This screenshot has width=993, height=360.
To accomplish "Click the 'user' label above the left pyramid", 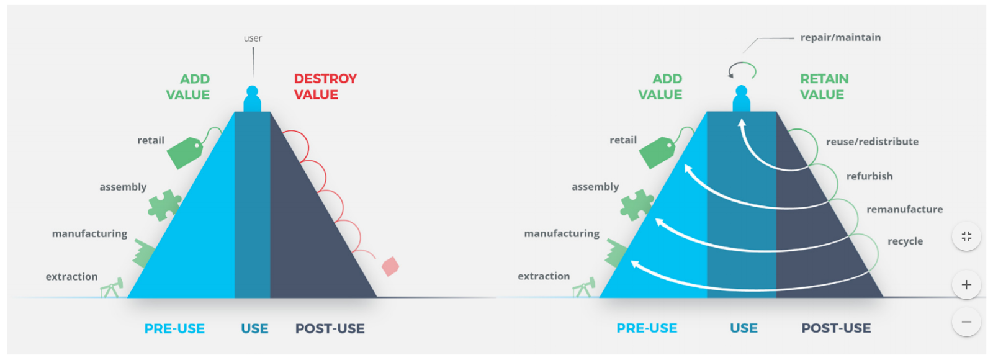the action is [253, 38].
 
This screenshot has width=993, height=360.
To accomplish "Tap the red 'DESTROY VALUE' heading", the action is [325, 86].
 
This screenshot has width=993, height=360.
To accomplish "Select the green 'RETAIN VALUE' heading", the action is [824, 86].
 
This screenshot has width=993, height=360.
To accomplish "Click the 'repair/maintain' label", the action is [840, 38].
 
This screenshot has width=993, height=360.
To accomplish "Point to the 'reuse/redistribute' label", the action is [872, 142].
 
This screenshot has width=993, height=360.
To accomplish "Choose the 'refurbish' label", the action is [869, 176].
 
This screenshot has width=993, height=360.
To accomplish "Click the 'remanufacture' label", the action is [904, 209].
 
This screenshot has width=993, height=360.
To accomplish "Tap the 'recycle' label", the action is [905, 241].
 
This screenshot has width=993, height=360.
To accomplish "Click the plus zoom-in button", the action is [966, 285].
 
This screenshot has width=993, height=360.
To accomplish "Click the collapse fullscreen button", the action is [966, 236].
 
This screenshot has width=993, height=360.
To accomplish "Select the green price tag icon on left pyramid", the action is [186, 153].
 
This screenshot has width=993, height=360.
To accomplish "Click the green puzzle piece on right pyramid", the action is [637, 205].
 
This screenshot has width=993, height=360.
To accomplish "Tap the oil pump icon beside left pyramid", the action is [112, 288].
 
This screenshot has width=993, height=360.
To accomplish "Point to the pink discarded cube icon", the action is [390, 266].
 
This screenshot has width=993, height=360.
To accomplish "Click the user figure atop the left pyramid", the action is [252, 99].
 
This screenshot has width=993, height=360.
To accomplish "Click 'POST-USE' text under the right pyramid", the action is [836, 328].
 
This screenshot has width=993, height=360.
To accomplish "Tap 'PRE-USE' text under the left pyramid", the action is [174, 328].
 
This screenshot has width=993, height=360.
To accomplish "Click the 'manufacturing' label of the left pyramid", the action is [89, 233].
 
